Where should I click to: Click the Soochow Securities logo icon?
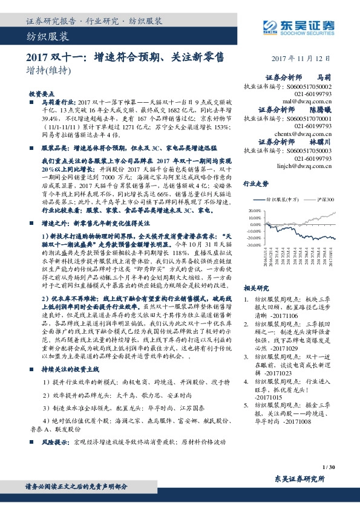pos(268,25)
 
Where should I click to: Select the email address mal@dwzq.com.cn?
pos(312,102)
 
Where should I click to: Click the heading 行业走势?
pos(255,183)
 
